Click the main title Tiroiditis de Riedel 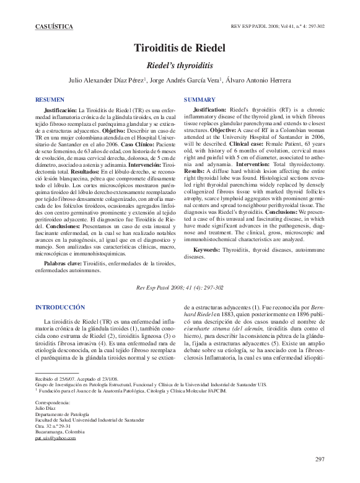(180, 48)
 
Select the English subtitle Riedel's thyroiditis (180, 64)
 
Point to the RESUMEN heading (50, 99)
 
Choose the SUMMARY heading (200, 99)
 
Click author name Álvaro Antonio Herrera (258, 79)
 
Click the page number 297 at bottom (320, 459)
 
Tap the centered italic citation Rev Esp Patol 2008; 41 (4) (180, 288)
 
